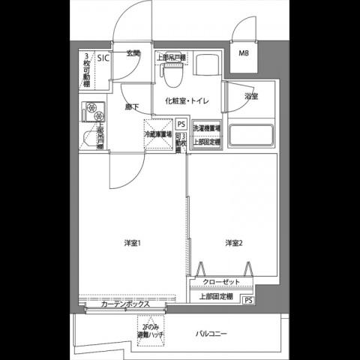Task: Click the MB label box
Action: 244,53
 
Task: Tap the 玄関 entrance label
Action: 133,53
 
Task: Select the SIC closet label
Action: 101,58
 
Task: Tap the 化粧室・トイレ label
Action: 187,100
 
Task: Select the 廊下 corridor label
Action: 132,107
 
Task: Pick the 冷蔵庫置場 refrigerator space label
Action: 158,134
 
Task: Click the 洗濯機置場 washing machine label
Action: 206,128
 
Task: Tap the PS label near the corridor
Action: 181,125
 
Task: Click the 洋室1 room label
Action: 133,241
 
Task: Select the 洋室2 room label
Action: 233,241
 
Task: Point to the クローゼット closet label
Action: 221,282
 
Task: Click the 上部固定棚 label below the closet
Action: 216,297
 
